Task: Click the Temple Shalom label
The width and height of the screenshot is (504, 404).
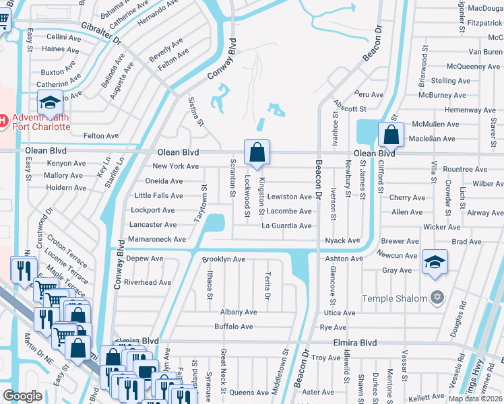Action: coord(394,298)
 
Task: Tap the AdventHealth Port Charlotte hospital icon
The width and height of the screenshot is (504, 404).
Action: coord(3,121)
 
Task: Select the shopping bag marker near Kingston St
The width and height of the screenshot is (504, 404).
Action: coord(257,154)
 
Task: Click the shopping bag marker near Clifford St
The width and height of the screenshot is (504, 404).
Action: coord(391,135)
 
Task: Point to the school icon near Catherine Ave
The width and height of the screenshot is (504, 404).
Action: coord(49,103)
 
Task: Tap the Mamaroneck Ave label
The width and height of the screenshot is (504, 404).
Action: coord(156,239)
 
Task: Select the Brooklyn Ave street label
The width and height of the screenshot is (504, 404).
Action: coord(224,259)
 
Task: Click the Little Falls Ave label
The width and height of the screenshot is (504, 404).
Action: coord(158,195)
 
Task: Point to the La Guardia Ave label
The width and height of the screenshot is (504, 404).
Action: coord(287,225)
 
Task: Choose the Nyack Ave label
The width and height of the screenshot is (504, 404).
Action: coord(342,240)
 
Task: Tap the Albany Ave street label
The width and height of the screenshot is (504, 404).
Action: coord(239,312)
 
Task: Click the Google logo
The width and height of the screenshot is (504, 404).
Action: coord(22,396)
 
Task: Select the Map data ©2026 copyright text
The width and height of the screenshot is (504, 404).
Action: coord(476,399)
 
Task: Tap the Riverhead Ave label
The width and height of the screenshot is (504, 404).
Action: coord(148,282)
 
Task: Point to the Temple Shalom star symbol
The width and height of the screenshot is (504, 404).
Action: coord(437,297)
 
